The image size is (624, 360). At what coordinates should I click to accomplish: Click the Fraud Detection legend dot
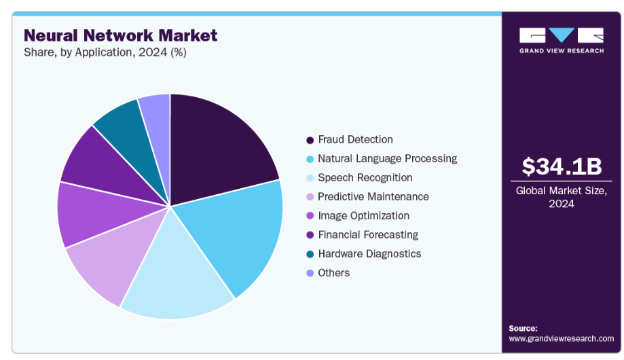point(310,140)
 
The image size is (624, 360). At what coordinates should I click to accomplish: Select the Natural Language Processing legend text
point(387,158)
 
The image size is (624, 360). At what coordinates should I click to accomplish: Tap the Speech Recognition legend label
point(365,177)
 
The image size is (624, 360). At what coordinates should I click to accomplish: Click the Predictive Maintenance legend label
point(373,196)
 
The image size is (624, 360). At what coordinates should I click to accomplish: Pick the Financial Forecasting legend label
point(367,234)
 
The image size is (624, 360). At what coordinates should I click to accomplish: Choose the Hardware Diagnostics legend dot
point(310,254)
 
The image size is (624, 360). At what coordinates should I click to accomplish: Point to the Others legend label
point(333,272)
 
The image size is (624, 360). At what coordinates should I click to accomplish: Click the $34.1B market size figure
point(561,166)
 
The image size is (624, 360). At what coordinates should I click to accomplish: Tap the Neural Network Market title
point(121,35)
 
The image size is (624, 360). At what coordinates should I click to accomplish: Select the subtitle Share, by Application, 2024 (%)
point(105,52)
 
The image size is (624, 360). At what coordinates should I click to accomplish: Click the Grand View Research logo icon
point(561,35)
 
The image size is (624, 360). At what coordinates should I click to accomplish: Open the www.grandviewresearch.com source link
point(561,338)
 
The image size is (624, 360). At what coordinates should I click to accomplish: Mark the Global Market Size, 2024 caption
point(561,196)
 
